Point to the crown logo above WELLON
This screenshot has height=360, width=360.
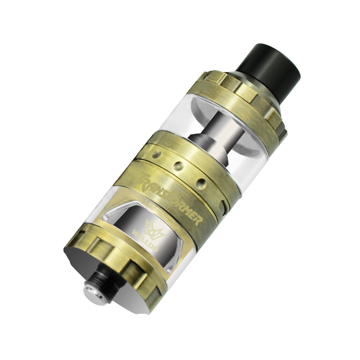[x=151, y=224]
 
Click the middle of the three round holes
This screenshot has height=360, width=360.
[x=178, y=166]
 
